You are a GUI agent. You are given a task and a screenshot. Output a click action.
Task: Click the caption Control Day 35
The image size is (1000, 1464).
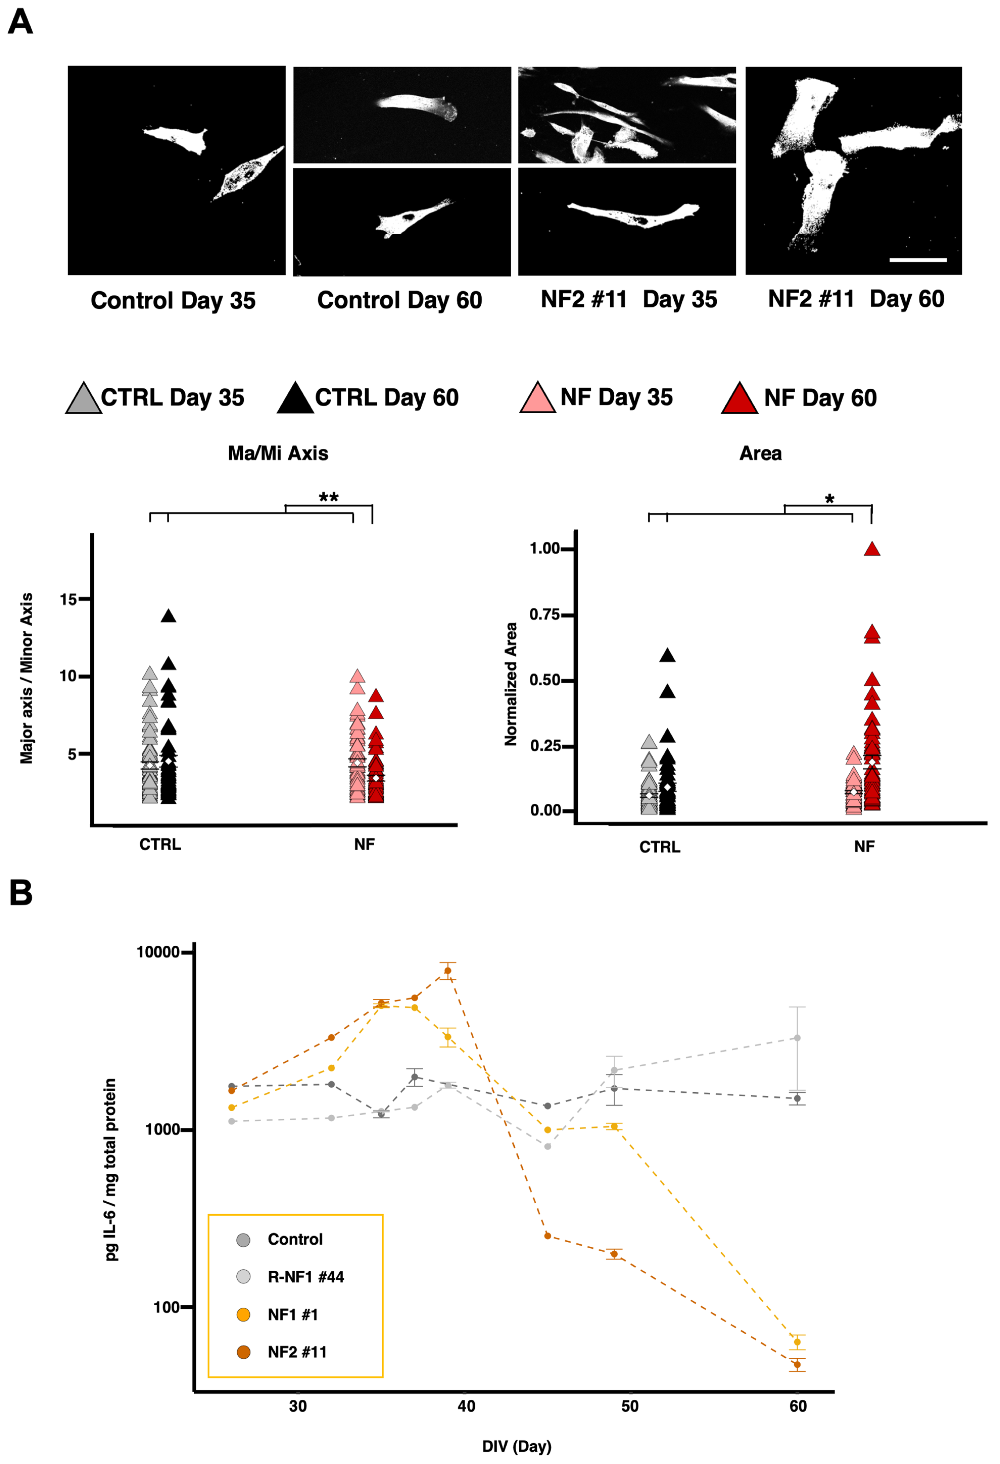173,300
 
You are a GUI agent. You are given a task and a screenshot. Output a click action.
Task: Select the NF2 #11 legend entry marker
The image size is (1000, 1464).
243,1352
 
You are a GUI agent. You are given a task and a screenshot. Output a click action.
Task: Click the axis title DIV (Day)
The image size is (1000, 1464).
516,1446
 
